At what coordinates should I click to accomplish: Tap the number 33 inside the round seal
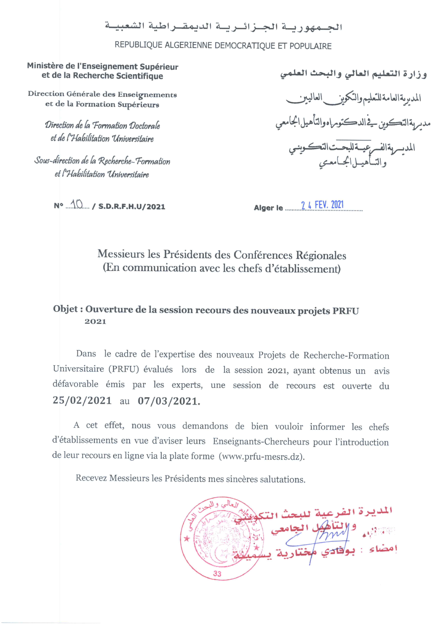pyautogui.click(x=217, y=574)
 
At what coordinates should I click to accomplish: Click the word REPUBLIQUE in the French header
pyautogui.click(x=139, y=45)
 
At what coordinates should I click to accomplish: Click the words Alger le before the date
pyautogui.click(x=269, y=208)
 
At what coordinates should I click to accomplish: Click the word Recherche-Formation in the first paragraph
pyautogui.click(x=346, y=355)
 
